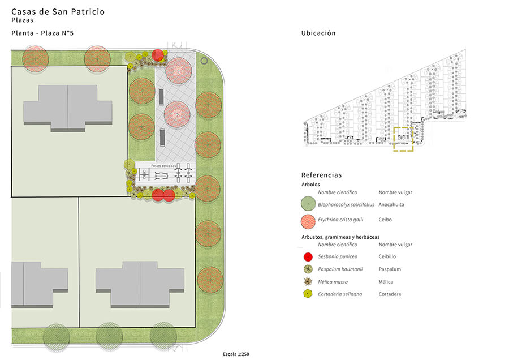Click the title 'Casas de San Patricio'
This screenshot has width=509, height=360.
(x=58, y=12)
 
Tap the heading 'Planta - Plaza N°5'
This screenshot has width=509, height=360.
(x=42, y=33)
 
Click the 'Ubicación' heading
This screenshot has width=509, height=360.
(x=318, y=33)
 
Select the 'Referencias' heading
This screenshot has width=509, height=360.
(x=321, y=175)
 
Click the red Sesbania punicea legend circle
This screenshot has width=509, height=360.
(x=308, y=256)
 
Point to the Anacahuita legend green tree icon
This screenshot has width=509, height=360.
(x=308, y=204)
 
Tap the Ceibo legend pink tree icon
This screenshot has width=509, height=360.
(x=308, y=221)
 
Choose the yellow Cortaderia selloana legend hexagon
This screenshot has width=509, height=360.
(x=308, y=294)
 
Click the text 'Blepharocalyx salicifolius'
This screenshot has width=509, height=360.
(x=346, y=205)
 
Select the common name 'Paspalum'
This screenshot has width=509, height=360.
(x=390, y=269)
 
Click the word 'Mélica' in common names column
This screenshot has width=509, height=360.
(x=386, y=282)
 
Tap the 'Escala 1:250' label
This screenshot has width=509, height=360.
(x=236, y=354)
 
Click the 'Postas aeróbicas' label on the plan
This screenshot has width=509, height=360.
(x=163, y=166)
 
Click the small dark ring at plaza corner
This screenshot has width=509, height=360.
(x=204, y=61)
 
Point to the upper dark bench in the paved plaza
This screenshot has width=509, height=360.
(x=161, y=96)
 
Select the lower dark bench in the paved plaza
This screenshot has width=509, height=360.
(x=162, y=138)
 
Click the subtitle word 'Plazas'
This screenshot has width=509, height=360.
(x=23, y=20)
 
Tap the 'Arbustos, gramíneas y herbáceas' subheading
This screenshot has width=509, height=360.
(x=340, y=237)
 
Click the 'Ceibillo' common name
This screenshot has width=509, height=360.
(x=387, y=256)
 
